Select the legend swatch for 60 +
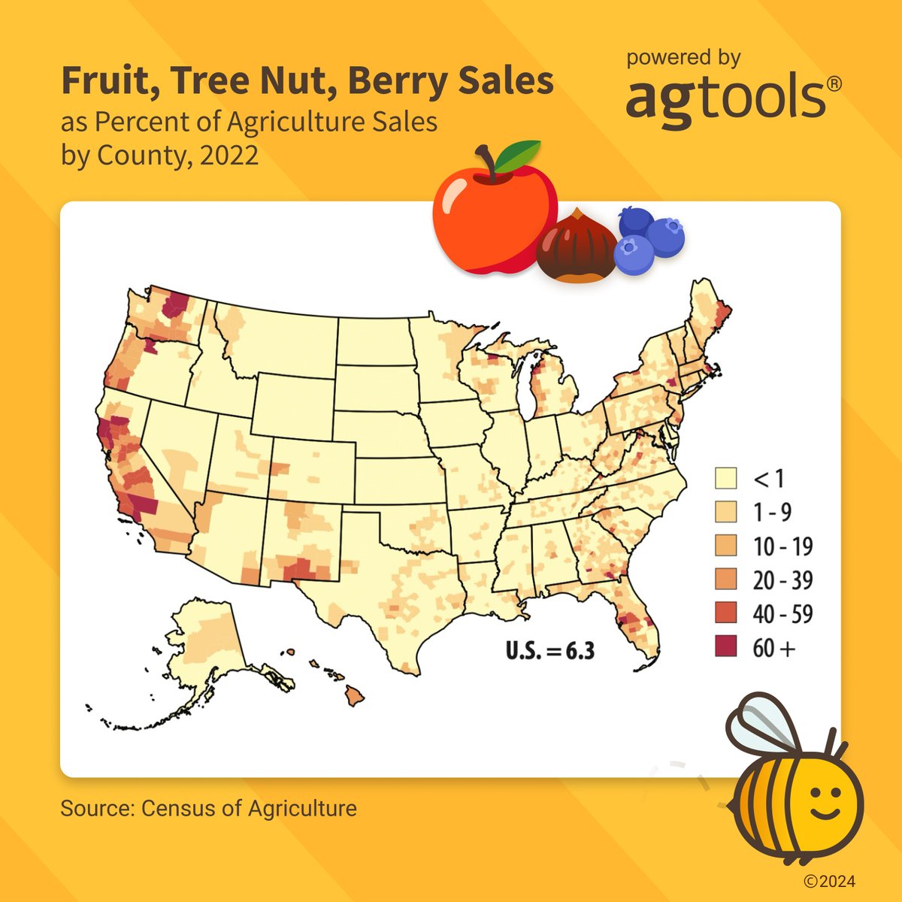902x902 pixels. click(x=726, y=647)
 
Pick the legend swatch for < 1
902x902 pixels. click(x=726, y=478)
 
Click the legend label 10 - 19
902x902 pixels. click(x=782, y=546)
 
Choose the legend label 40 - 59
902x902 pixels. click(x=782, y=614)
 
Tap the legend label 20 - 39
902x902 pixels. click(x=782, y=580)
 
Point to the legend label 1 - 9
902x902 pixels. click(x=772, y=513)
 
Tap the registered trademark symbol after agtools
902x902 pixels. click(x=834, y=83)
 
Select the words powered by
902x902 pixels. click(x=683, y=58)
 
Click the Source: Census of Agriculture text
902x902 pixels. click(x=208, y=809)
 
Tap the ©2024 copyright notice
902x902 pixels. click(x=829, y=882)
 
